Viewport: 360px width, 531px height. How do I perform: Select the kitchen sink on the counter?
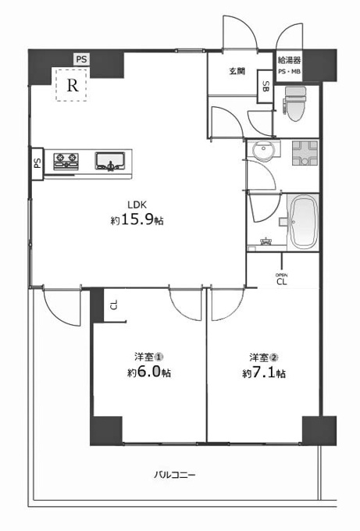pyautogui.click(x=110, y=161)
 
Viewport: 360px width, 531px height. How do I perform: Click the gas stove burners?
pyautogui.click(x=66, y=161)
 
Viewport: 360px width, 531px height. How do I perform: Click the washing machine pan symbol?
pyautogui.click(x=305, y=153)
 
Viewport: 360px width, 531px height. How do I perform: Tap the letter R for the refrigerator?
pyautogui.click(x=73, y=85)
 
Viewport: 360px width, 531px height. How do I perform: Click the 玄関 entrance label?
pyautogui.click(x=237, y=72)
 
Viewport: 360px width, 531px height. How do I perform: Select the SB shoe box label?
pyautogui.click(x=266, y=87)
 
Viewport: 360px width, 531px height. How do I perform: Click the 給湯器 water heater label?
pyautogui.click(x=289, y=60)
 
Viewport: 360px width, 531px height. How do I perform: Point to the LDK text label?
pyautogui.click(x=137, y=205)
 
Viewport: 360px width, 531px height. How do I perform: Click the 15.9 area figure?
pyautogui.click(x=137, y=220)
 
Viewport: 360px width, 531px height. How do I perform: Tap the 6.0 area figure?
pyautogui.click(x=148, y=372)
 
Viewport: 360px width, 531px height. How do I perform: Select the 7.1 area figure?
pyautogui.click(x=263, y=372)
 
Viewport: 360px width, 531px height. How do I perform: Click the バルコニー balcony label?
pyautogui.click(x=175, y=475)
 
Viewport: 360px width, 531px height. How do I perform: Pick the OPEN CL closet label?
pyautogui.click(x=282, y=280)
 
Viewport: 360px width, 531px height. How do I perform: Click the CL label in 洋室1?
pyautogui.click(x=114, y=305)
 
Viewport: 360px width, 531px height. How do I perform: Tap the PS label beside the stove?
pyautogui.click(x=37, y=163)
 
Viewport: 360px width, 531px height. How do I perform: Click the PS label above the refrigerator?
pyautogui.click(x=81, y=59)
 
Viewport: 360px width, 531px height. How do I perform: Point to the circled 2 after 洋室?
pyautogui.click(x=273, y=358)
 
